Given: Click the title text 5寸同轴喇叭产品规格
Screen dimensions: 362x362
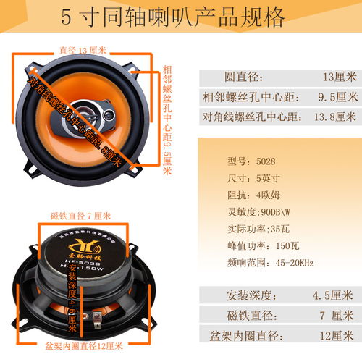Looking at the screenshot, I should pos(182,16).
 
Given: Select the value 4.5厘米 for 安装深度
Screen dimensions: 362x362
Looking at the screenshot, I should pos(337,295).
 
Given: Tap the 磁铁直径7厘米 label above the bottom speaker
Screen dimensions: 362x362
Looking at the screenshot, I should pos(80,216).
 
